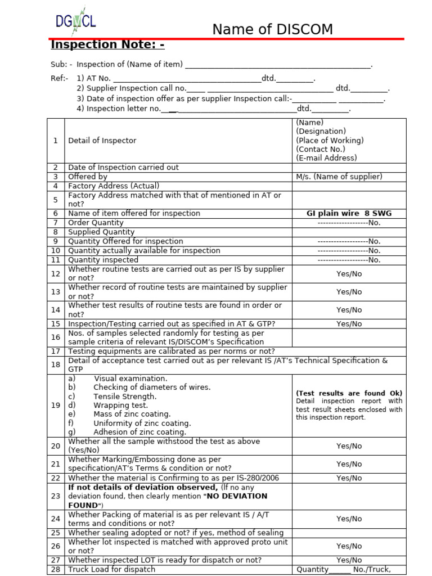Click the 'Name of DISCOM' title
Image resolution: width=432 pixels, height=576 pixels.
tap(272, 29)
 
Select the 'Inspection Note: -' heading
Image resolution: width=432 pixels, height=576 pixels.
tap(107, 45)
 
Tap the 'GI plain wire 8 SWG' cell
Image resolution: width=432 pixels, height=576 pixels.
tap(349, 214)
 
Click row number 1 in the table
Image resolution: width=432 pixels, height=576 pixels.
tap(56, 141)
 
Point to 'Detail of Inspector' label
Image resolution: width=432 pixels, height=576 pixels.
tap(102, 141)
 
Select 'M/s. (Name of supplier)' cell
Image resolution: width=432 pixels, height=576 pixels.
tap(339, 177)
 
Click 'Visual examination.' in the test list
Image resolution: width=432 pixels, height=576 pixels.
tap(130, 379)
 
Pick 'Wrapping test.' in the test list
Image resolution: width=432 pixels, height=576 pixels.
tap(121, 406)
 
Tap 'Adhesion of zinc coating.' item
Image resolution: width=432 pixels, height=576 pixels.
tap(140, 432)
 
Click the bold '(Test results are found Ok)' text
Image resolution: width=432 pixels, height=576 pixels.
tap(349, 393)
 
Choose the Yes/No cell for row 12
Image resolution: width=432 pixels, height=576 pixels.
tap(349, 274)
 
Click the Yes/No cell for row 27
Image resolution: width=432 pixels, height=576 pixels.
tap(349, 560)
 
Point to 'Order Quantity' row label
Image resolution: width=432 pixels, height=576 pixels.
tap(96, 223)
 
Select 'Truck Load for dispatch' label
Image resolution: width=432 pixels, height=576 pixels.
tap(111, 569)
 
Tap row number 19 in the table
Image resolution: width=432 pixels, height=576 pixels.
tap(56, 406)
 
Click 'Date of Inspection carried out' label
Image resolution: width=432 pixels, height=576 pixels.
tap(123, 168)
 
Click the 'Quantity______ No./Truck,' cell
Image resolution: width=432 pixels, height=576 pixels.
tap(343, 569)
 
